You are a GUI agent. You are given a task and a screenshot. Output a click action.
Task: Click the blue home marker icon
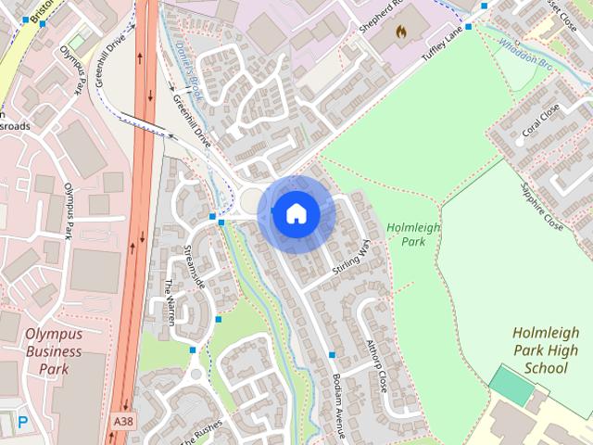(x=296, y=214)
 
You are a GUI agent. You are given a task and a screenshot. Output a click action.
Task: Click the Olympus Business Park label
(x=54, y=350)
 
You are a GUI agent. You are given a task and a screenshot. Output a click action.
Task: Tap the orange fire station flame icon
(x=400, y=32)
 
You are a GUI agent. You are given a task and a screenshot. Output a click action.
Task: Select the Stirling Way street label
(x=351, y=256)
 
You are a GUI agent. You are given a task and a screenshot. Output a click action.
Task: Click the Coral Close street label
(x=541, y=121)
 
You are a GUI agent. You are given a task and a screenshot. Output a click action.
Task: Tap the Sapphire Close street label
(x=541, y=205)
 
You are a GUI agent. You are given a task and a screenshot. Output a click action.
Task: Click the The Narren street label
(x=170, y=301)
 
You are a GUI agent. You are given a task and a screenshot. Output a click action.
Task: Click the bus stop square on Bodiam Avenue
(x=332, y=355)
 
